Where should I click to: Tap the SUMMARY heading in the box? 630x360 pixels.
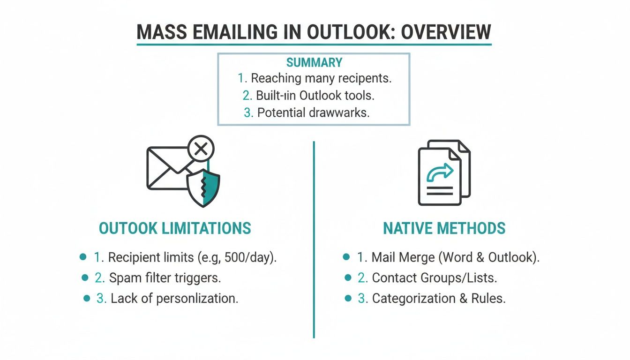point(314,62)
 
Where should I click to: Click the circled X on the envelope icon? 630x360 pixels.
point(201,150)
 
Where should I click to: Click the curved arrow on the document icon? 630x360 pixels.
point(440,173)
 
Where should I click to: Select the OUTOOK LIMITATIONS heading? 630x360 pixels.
point(175,228)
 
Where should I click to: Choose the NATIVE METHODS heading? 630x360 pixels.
point(444,228)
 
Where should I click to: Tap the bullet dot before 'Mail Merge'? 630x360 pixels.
point(346,257)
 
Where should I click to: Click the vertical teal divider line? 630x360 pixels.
point(314,239)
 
